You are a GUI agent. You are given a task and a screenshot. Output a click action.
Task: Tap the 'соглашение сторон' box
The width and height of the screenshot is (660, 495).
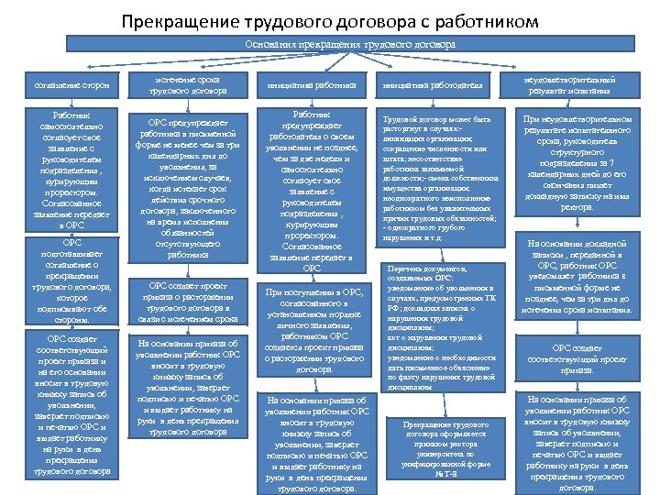tap(71, 85)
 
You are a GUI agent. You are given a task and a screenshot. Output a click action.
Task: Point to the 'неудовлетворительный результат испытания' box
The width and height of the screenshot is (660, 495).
tap(577, 85)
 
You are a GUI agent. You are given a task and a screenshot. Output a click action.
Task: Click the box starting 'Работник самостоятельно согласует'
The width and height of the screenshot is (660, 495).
tap(71, 168)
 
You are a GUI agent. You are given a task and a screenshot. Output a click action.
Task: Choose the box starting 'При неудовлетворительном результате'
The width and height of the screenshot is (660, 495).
tap(577, 164)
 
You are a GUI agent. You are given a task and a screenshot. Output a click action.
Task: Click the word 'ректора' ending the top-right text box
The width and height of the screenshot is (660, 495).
tap(577, 208)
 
